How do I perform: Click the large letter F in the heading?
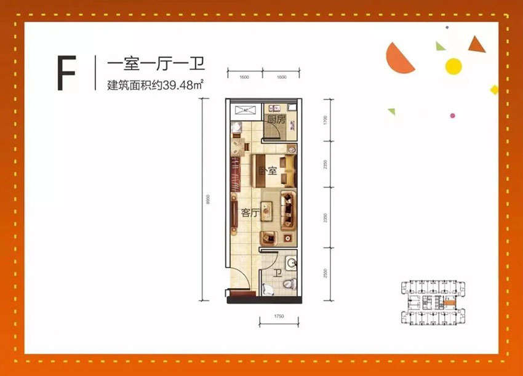[66, 73]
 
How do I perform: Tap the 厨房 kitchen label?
[276, 120]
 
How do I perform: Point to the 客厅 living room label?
[249, 214]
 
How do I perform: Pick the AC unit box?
[244, 110]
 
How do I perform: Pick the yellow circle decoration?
[453, 65]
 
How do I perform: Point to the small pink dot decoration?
[452, 116]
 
